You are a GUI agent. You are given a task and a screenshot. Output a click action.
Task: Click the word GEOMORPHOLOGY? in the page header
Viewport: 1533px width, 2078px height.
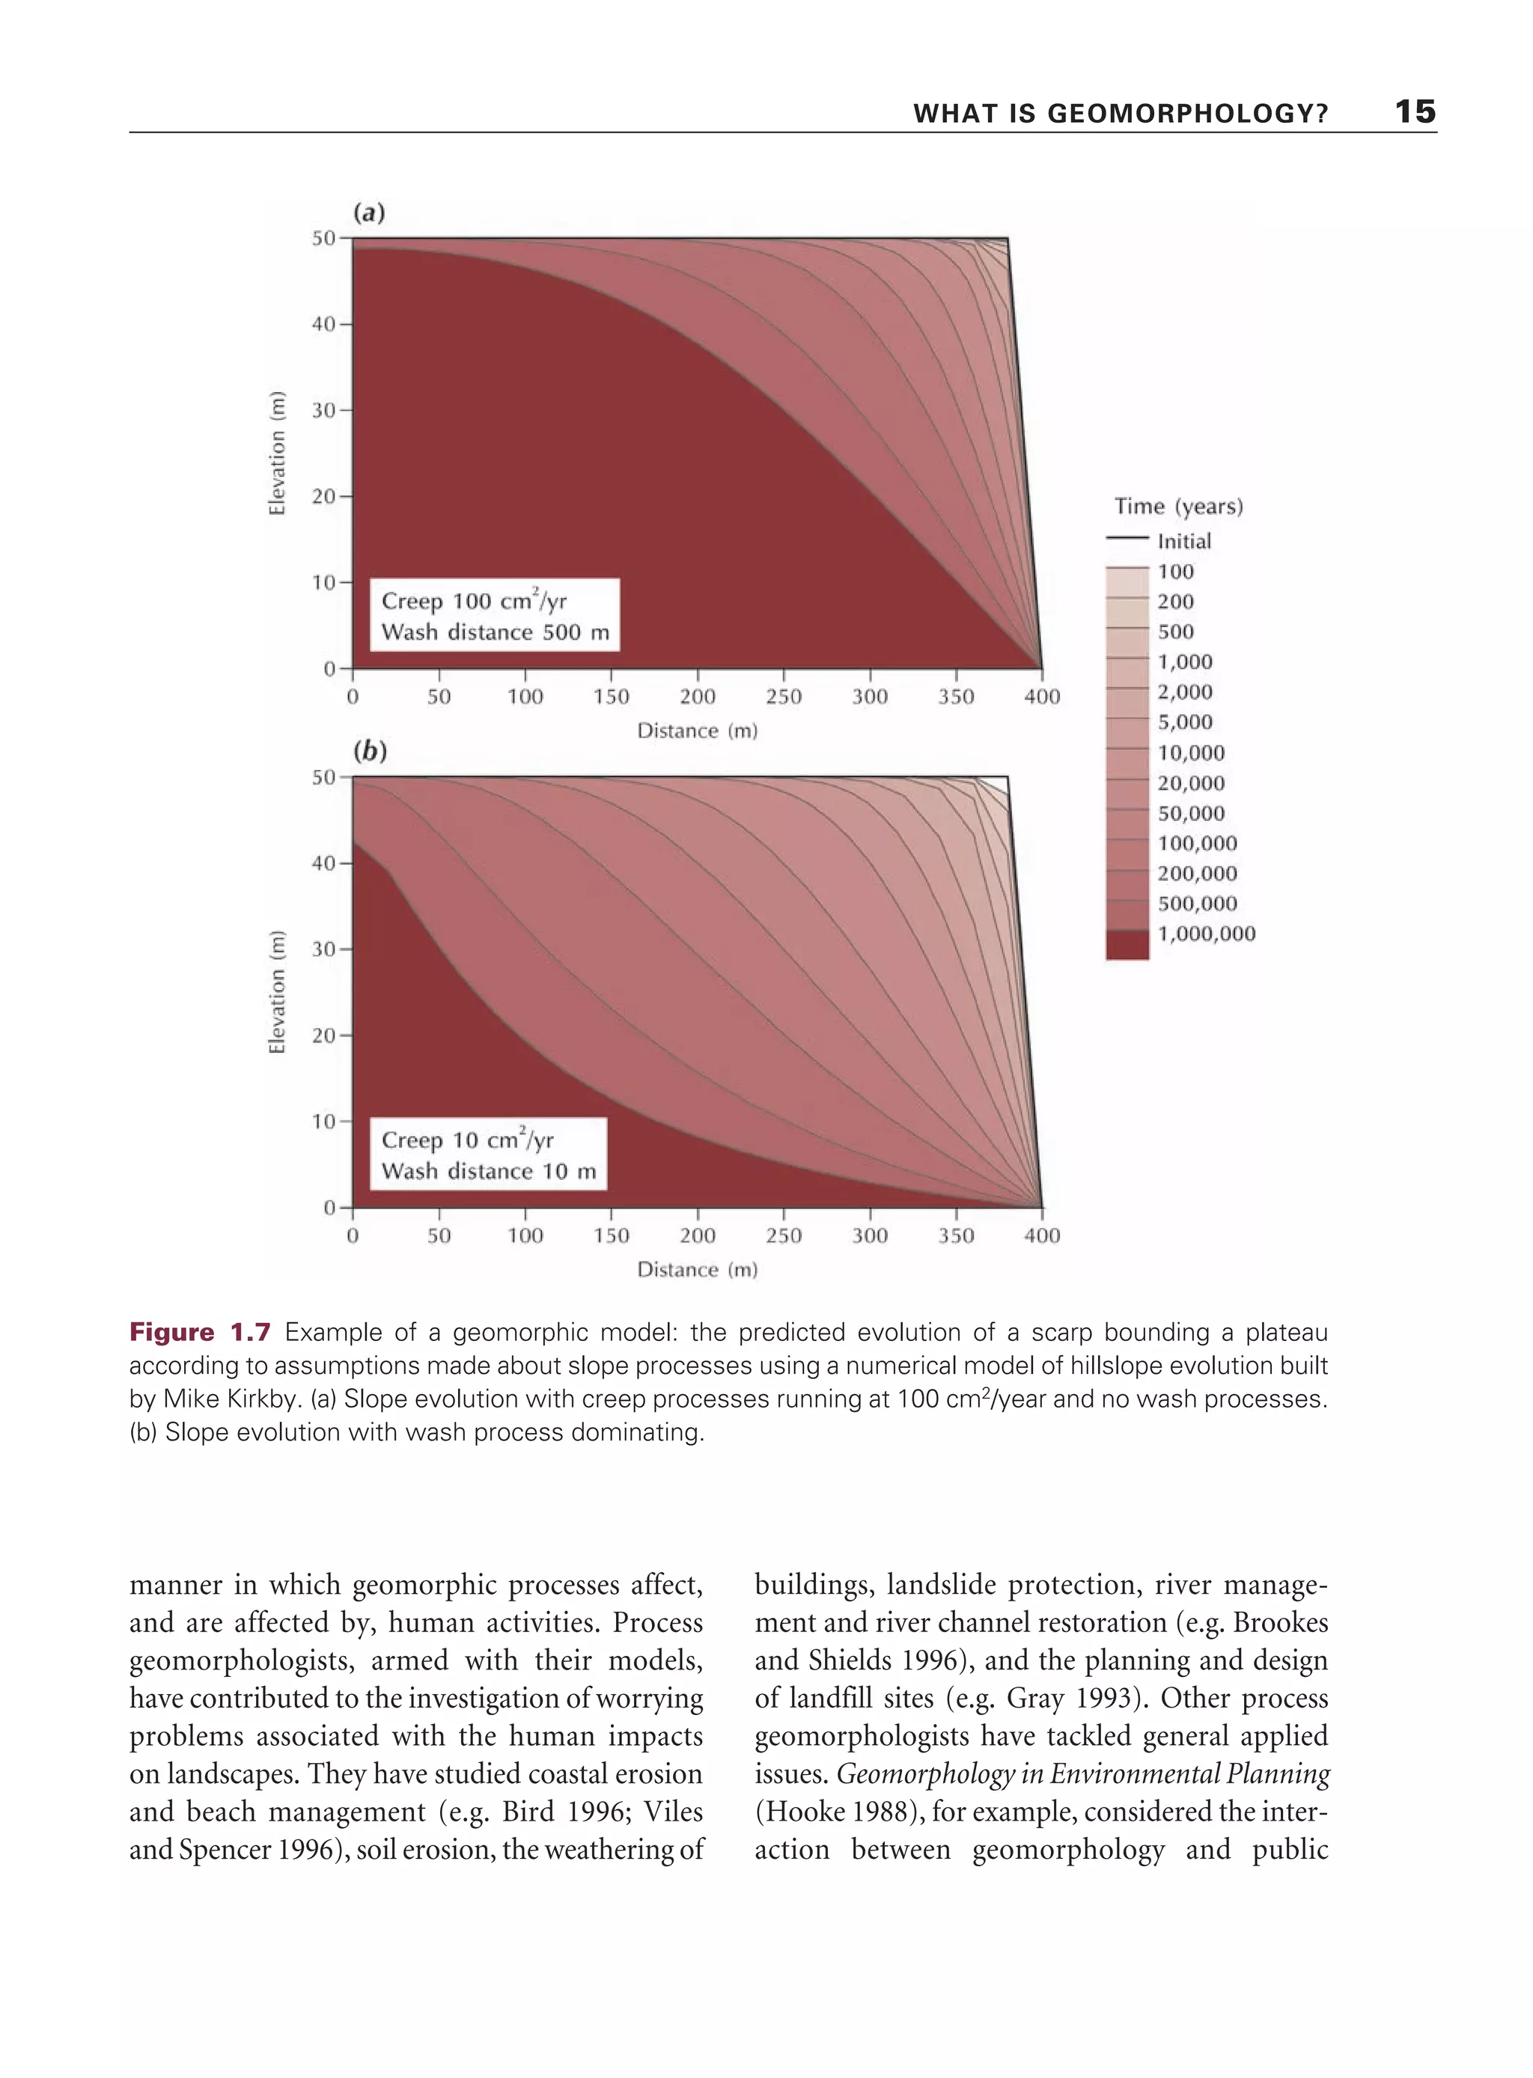coord(1188,114)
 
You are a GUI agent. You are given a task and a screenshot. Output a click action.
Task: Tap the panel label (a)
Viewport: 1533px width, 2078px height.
coord(368,213)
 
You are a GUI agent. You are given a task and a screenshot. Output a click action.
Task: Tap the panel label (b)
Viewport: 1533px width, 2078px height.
coord(369,751)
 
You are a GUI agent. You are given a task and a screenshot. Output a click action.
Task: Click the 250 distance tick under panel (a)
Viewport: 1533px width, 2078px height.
coord(783,697)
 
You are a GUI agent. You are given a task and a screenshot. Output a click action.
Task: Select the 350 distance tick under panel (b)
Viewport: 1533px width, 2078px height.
coord(956,1235)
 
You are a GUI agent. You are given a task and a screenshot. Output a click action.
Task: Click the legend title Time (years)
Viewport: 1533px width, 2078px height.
coord(1178,507)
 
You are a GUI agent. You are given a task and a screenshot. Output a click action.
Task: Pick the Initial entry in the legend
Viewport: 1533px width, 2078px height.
coord(1184,541)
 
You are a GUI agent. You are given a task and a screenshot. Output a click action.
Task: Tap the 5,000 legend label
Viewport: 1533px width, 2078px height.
coord(1185,722)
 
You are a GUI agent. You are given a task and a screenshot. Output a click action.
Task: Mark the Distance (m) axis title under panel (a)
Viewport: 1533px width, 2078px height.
coord(697,731)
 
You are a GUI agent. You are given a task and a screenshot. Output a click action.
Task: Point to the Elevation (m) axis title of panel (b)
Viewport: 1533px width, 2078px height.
coord(276,991)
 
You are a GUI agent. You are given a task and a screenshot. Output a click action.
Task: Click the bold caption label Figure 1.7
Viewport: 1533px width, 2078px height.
coord(200,1333)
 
